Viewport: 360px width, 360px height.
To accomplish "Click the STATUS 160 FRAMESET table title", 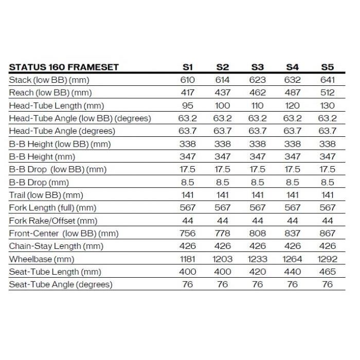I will coord(64,67).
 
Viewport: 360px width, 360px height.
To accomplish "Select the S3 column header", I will coord(258,67).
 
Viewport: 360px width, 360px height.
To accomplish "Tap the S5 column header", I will coord(328,67).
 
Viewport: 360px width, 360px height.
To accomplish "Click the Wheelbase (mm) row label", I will coord(42,259).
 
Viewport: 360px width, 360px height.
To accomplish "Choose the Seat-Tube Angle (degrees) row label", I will coord(61,284).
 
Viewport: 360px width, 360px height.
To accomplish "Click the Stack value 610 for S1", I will coord(188,80).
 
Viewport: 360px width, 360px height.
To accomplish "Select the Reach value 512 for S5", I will coord(328,93).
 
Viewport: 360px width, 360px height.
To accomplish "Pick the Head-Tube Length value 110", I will coord(258,105).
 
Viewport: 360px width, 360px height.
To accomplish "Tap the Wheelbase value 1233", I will coord(258,259).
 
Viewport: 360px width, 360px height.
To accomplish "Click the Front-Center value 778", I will coord(223,233).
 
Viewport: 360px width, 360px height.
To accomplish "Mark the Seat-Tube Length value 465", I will coord(328,272).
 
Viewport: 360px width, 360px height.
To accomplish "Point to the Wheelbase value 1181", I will coord(188,259).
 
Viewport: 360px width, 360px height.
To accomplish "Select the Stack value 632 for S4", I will coord(293,80).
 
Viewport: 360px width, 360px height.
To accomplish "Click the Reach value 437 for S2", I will coord(223,93).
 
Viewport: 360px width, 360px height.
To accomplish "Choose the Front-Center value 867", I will coord(328,233).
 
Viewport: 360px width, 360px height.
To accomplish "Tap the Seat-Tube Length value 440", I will coord(293,272).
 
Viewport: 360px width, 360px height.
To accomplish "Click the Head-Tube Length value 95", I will coord(188,105).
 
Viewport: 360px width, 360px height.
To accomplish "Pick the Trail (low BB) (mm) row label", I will coord(46,195).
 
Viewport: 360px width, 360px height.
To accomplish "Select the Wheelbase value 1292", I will coord(328,259).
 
